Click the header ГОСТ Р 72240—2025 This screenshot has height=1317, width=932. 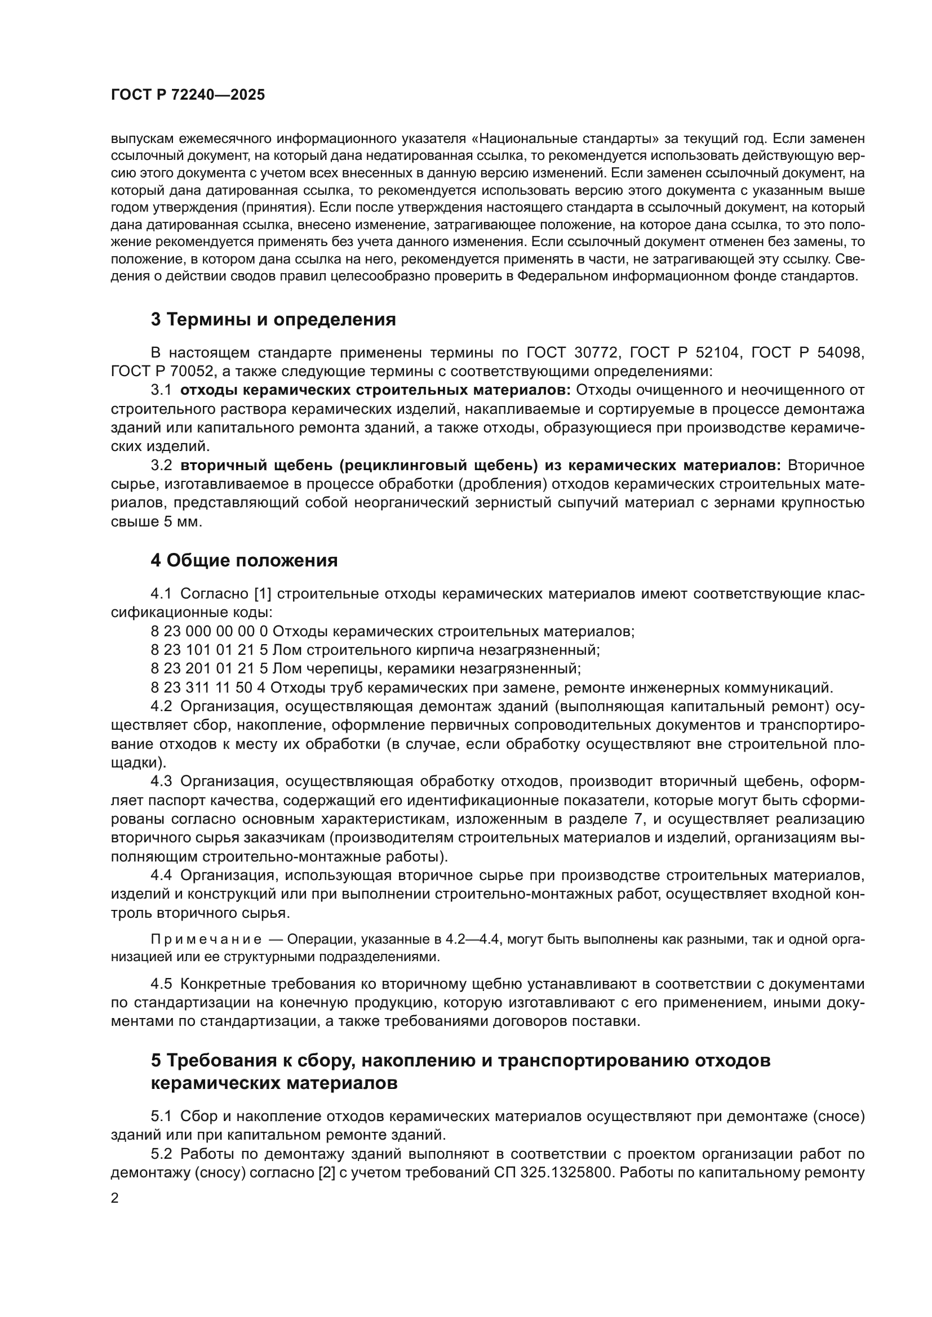coord(188,95)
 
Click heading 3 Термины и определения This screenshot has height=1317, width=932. coord(273,319)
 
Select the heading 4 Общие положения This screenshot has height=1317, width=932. coord(244,560)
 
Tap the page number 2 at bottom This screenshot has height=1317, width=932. coord(115,1198)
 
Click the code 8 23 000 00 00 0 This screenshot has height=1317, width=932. coord(209,632)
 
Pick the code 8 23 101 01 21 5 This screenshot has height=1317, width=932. coord(209,650)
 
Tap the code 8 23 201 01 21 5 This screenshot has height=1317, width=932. coord(209,669)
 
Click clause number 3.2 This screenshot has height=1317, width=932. coord(161,465)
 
